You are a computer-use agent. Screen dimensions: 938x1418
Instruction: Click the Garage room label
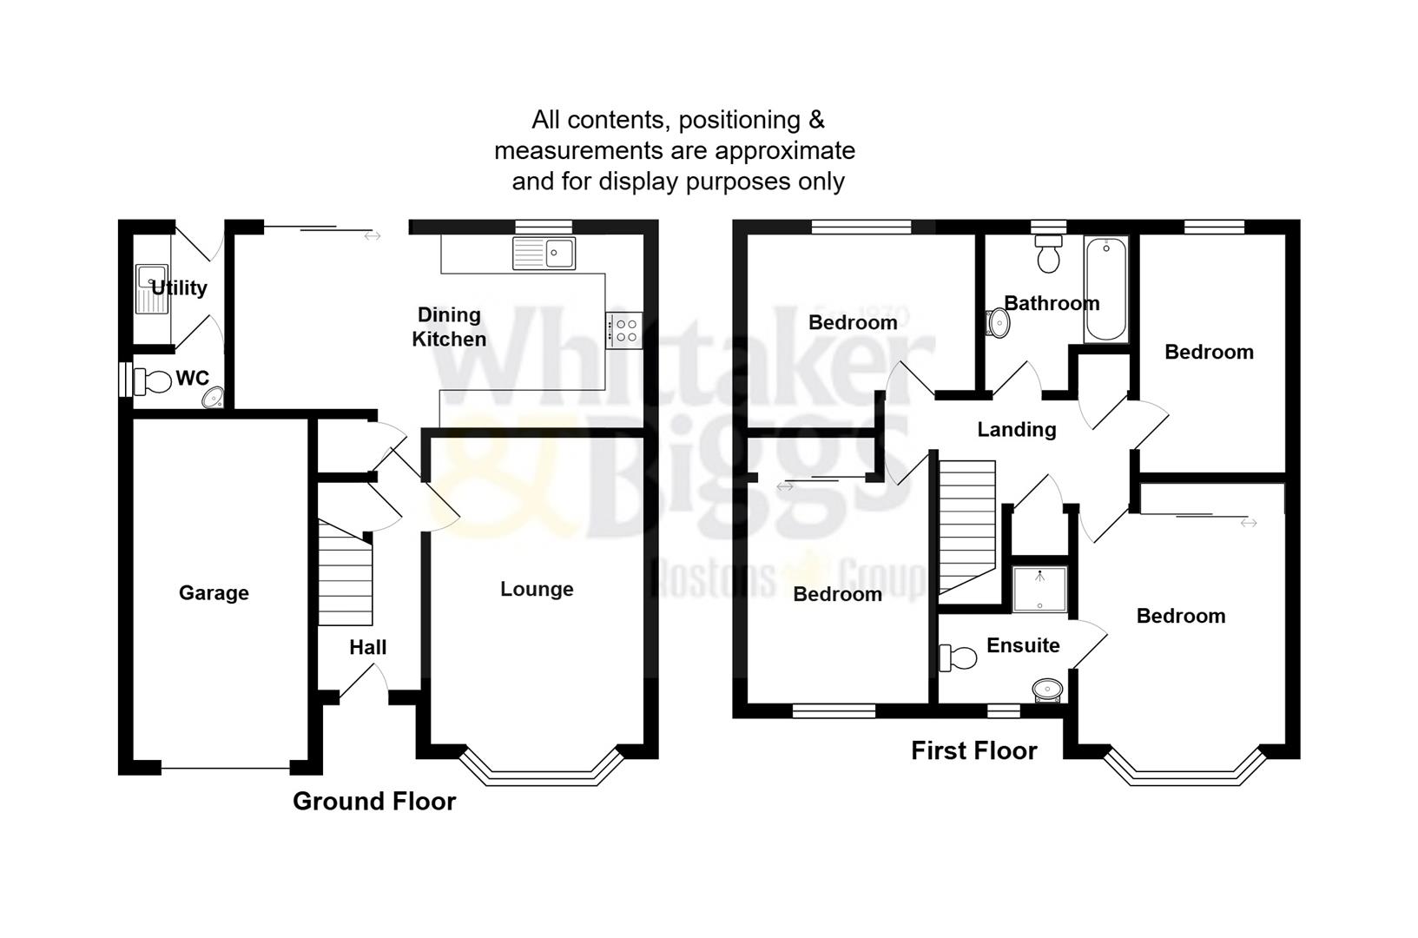(214, 593)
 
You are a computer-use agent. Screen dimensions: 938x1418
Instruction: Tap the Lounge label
(537, 590)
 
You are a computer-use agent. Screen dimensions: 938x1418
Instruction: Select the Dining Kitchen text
(449, 327)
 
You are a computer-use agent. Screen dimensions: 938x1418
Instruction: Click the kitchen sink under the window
(544, 254)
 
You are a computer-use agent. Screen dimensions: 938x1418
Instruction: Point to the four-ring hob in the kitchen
(623, 330)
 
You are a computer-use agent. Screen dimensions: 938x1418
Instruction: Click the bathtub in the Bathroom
(1106, 289)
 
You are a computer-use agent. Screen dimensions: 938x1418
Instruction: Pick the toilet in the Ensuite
(957, 657)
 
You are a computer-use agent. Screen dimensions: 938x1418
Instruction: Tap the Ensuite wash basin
(1048, 690)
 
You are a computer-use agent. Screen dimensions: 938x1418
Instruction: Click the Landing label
(1017, 430)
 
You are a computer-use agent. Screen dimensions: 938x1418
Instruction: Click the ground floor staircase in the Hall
(346, 573)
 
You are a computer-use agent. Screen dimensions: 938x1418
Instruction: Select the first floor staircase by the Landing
(966, 525)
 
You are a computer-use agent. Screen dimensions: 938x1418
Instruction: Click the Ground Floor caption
(374, 801)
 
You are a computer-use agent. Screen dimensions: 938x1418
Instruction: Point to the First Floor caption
(973, 751)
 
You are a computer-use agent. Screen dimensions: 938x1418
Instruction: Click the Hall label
(368, 648)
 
